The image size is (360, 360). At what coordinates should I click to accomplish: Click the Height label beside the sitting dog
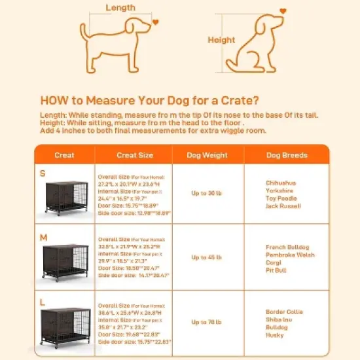click(x=221, y=39)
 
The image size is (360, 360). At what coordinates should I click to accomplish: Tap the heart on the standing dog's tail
click(x=156, y=22)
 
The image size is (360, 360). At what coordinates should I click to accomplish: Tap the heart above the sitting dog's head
click(x=283, y=10)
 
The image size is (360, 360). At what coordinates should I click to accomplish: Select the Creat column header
click(x=64, y=155)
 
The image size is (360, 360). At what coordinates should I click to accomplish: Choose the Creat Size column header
click(x=134, y=155)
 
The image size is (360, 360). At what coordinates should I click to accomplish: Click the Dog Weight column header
click(x=208, y=155)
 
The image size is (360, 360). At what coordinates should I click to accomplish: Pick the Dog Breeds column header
click(x=285, y=155)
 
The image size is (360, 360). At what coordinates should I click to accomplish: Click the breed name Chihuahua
click(x=281, y=183)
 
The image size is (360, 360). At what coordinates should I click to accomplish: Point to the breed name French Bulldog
click(x=287, y=247)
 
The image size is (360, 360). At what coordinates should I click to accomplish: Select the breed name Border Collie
click(x=285, y=312)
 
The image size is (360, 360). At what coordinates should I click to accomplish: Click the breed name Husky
click(x=274, y=335)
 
